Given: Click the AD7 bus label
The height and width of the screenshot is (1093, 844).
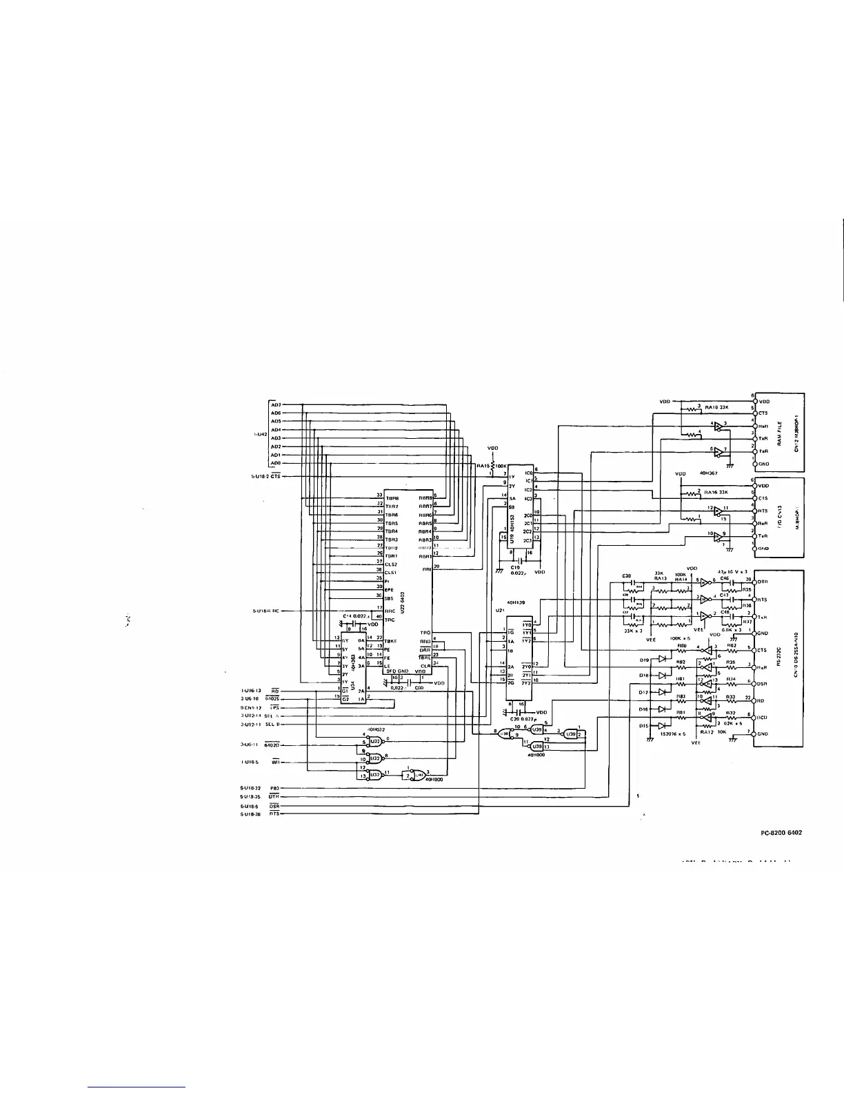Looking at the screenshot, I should tap(275, 404).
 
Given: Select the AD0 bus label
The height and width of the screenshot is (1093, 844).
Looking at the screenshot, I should tap(275, 463).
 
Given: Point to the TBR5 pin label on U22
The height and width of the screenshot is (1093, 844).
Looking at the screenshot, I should tap(392, 522).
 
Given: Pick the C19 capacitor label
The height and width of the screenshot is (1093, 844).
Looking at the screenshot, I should tap(514, 567).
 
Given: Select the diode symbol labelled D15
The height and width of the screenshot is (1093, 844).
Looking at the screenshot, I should tap(662, 725).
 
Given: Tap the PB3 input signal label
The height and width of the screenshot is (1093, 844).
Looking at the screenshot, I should tap(274, 788).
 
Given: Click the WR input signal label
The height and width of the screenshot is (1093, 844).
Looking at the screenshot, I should tap(274, 762).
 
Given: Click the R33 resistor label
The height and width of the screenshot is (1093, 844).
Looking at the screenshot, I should tap(730, 696).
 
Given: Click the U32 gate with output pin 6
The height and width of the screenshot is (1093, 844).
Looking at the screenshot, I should tap(375, 741).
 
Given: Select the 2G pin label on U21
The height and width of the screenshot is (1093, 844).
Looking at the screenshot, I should tap(511, 682).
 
